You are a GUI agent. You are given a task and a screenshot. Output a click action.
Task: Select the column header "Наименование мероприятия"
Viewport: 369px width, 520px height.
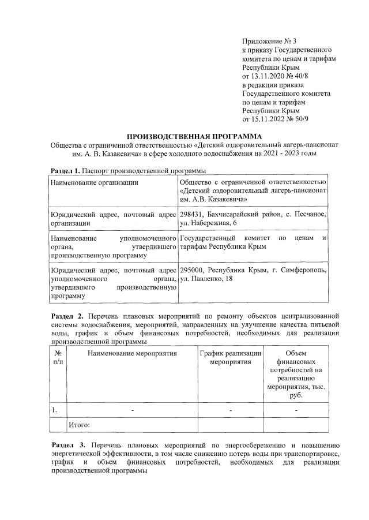point(132,353)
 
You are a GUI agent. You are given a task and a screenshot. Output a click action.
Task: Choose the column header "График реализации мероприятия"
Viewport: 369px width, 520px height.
point(231,357)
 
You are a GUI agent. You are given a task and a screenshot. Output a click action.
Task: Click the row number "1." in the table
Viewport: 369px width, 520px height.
point(54,410)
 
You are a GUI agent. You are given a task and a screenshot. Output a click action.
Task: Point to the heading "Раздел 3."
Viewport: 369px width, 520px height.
point(67,446)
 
